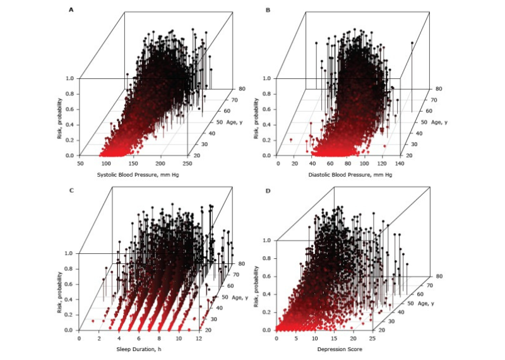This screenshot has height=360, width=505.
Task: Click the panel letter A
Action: coord(71,10)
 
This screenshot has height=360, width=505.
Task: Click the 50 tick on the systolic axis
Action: coord(81,163)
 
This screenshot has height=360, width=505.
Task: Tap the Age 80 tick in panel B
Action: coord(435,89)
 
